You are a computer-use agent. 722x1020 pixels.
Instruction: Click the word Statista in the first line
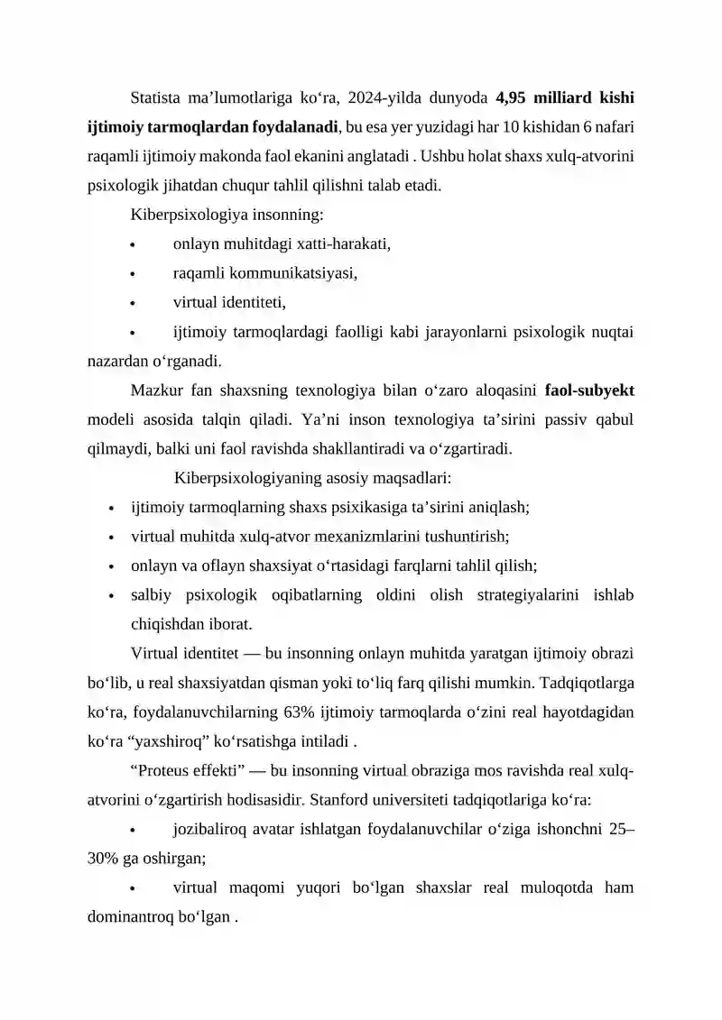click(157, 96)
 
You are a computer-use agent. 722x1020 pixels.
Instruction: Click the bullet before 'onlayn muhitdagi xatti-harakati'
click(133, 244)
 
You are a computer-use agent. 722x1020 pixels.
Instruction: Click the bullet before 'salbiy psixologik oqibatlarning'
click(109, 595)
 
